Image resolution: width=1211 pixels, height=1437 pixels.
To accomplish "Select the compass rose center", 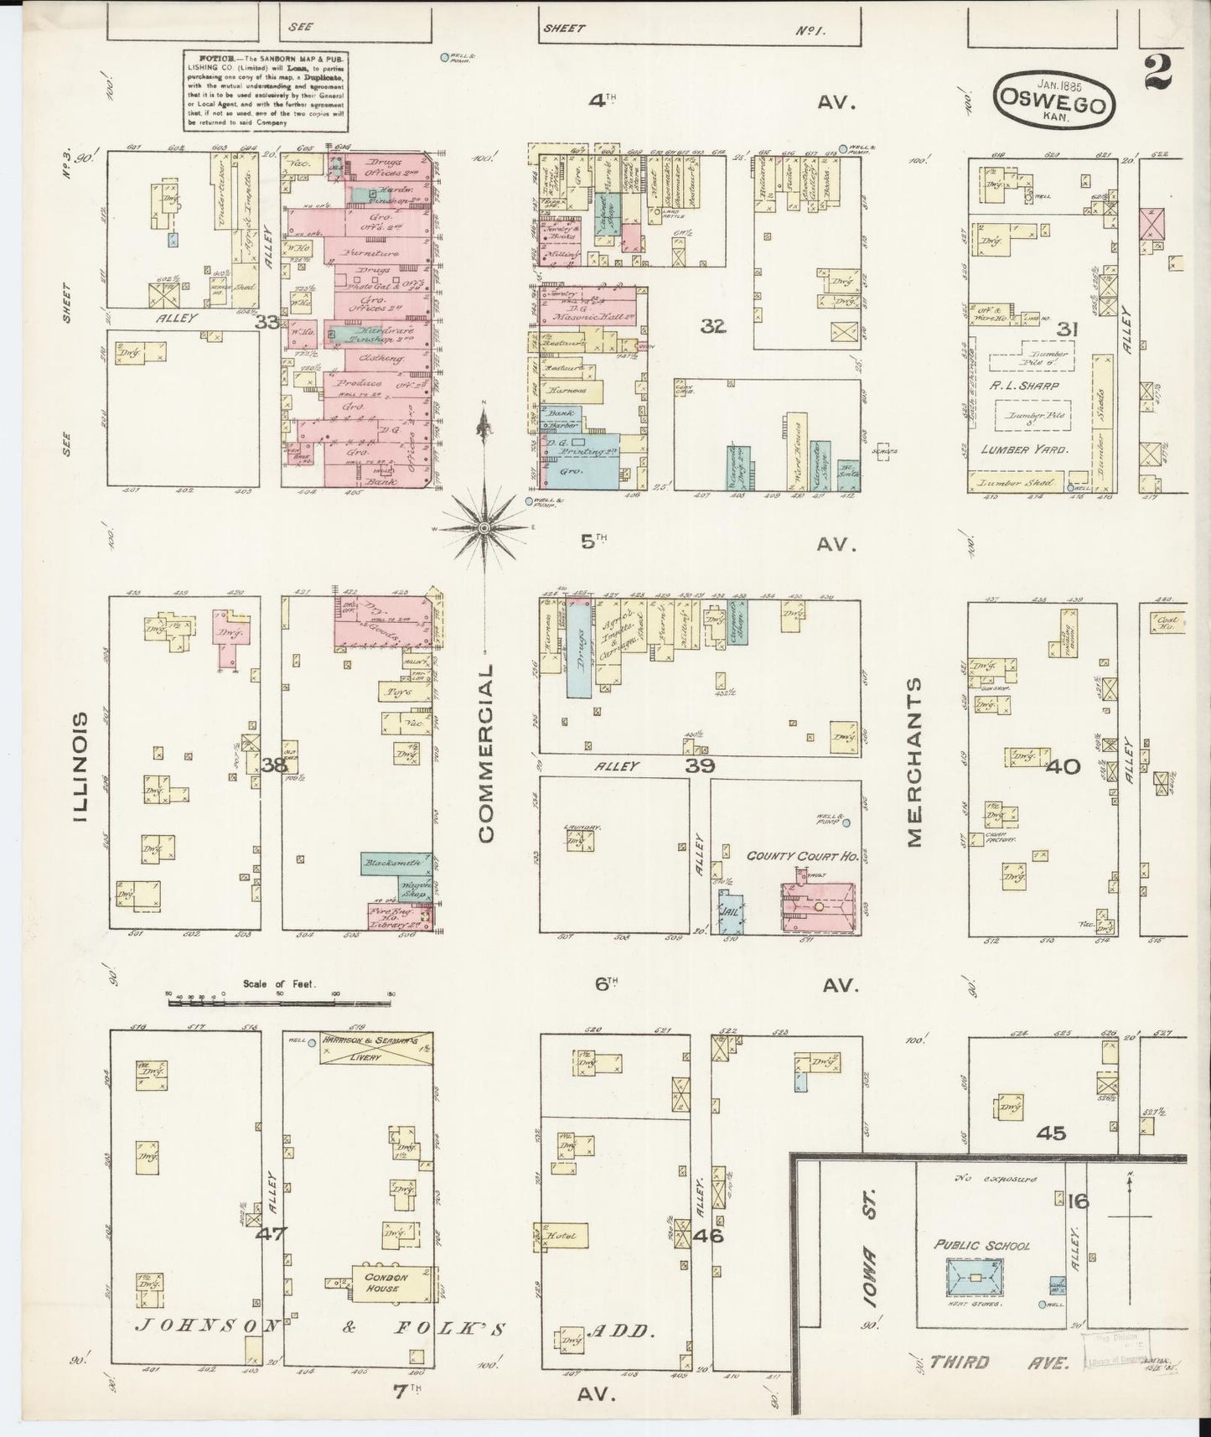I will pos(484,527).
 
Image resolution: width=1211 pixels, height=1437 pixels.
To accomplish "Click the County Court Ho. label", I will pos(802,856).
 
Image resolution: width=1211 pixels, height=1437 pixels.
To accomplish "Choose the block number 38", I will pos(272,765).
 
